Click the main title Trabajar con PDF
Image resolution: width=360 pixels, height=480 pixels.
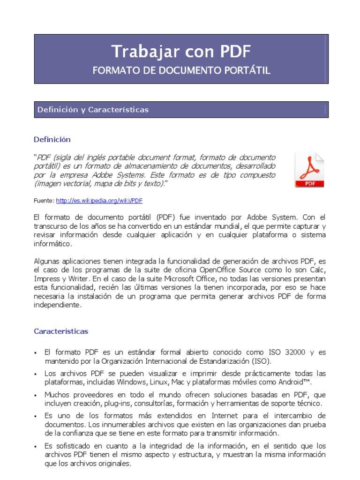click(181, 52)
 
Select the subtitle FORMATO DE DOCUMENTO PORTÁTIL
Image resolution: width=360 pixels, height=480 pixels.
click(181, 71)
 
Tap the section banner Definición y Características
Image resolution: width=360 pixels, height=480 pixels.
click(93, 110)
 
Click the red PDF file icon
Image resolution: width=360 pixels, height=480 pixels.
click(309, 170)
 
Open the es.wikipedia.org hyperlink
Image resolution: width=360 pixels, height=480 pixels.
click(99, 201)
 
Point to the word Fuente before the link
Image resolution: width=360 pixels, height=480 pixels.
click(44, 201)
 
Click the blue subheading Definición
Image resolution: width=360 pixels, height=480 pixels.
click(52, 139)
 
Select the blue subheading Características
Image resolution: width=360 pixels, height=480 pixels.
click(61, 331)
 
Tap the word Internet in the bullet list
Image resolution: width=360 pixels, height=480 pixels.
click(212, 416)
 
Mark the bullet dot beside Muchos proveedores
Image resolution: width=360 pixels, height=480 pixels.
click(37, 396)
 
